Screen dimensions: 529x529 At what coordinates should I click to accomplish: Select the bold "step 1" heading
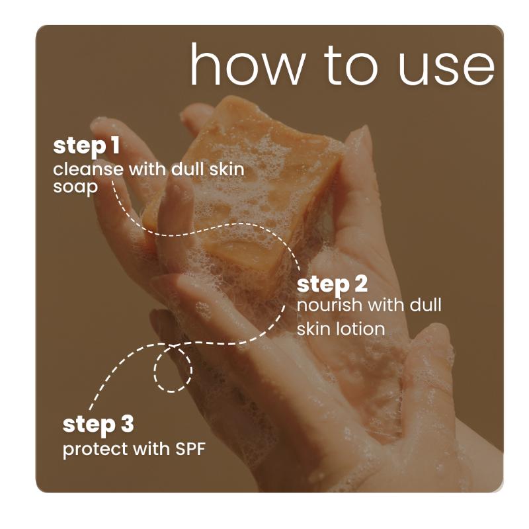point(81,146)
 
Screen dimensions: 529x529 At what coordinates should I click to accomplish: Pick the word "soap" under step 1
point(75,187)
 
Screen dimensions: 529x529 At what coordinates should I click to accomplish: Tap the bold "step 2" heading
point(332,285)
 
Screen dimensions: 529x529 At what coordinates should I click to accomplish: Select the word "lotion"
point(362,328)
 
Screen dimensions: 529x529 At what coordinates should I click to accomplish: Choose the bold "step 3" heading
point(98,425)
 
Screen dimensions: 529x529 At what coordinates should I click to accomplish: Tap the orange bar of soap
point(251,192)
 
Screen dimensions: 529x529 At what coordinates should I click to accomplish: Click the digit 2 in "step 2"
point(359,285)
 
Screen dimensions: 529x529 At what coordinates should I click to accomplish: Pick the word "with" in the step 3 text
point(146,449)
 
